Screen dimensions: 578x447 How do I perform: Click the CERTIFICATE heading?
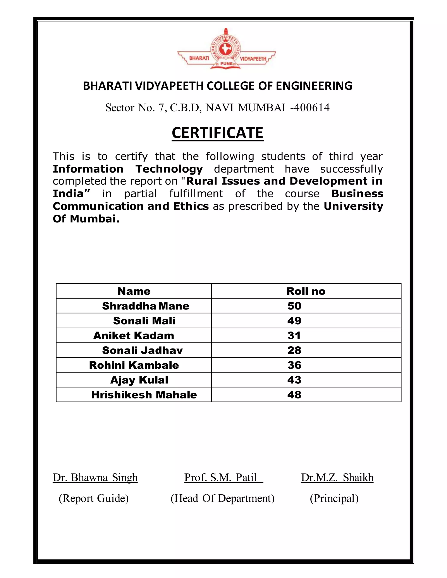tap(217, 133)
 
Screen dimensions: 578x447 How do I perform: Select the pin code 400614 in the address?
tap(311, 108)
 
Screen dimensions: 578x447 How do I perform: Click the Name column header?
tap(134, 291)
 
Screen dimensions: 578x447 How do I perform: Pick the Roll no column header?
tap(306, 291)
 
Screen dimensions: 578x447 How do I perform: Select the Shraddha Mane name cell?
tap(146, 306)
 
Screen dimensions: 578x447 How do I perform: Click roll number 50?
tap(294, 306)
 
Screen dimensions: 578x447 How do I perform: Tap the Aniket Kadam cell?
tap(134, 336)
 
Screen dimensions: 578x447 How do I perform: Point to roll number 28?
tap(294, 351)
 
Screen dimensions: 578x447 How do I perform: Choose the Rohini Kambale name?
tap(134, 365)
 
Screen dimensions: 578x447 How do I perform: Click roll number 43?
tap(294, 380)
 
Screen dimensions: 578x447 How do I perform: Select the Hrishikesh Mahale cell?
tap(144, 395)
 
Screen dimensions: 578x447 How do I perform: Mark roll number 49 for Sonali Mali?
tap(294, 321)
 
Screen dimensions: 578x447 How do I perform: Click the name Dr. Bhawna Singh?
tap(95, 478)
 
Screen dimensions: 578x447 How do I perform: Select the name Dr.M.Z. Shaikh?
tap(337, 478)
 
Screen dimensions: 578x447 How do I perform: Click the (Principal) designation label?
tap(334, 498)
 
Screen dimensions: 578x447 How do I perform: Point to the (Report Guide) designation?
tap(93, 498)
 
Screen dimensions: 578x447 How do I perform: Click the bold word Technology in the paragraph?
tap(169, 169)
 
